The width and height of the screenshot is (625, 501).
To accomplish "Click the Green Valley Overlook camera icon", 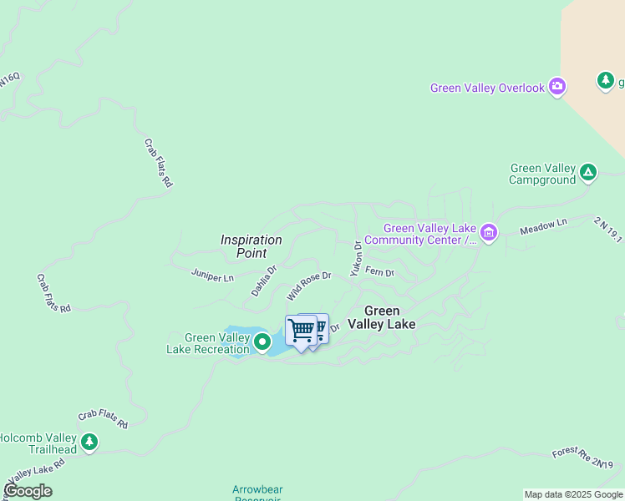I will [557, 87].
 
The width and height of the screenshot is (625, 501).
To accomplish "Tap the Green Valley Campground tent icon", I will [588, 173].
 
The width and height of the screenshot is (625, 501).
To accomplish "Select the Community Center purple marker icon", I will [489, 234].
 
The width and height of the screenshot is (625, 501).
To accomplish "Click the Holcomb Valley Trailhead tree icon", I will [89, 442].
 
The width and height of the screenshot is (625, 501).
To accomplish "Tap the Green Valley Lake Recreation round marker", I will [262, 341].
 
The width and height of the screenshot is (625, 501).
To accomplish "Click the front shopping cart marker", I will [301, 331].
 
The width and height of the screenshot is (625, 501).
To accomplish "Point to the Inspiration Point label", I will [251, 246].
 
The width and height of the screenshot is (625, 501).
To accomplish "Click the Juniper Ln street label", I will [212, 275].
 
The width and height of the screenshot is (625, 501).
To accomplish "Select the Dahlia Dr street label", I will [264, 281].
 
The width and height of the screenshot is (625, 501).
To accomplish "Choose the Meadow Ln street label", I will [543, 226].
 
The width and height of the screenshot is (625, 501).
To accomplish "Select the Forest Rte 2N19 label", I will [582, 458].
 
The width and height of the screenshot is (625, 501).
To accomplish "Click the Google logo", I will [27, 490].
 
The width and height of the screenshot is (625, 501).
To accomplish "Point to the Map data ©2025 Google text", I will [574, 494].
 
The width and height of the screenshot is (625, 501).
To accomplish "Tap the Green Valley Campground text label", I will [543, 174].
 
